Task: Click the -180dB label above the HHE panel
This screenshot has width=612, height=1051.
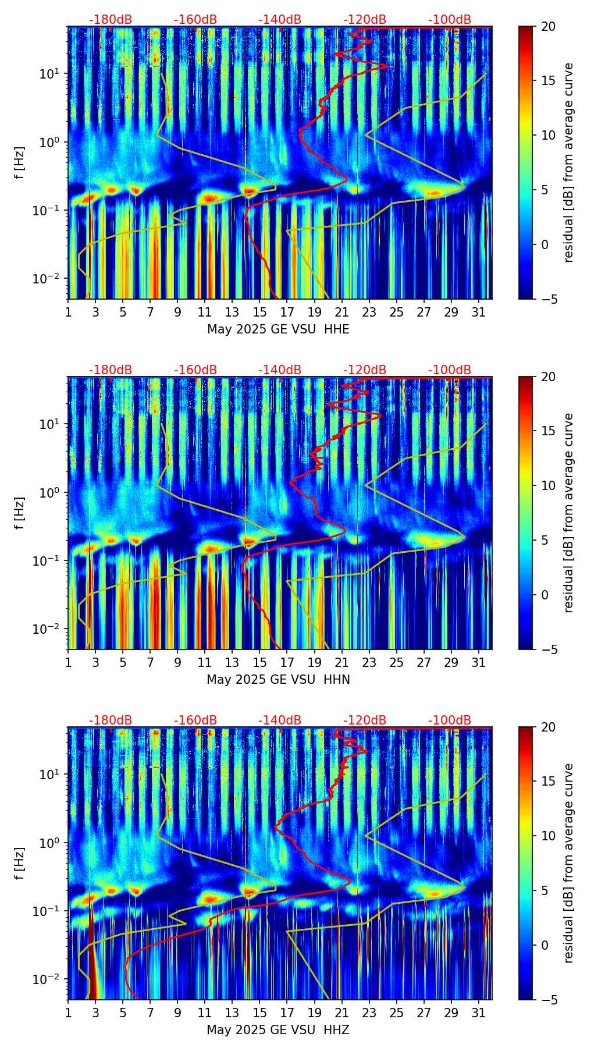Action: [x=111, y=20]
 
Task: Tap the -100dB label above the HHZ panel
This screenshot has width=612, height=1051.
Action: [x=450, y=720]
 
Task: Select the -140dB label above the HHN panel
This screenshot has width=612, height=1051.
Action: [x=280, y=370]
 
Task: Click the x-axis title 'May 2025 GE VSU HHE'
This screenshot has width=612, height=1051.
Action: [x=278, y=329]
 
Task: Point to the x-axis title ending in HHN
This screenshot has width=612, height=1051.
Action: [x=278, y=680]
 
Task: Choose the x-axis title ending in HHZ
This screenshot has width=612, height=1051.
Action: [x=278, y=1030]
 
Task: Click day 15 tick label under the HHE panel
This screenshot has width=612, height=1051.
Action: [x=259, y=313]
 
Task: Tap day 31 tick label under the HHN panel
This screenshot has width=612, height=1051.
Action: [x=478, y=663]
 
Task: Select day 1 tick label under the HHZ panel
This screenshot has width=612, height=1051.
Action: [x=69, y=1013]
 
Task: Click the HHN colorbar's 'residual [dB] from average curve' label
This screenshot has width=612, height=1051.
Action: [x=569, y=513]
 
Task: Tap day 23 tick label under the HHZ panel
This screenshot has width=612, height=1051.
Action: [x=369, y=1013]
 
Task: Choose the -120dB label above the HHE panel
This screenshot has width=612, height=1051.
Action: [x=365, y=20]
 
